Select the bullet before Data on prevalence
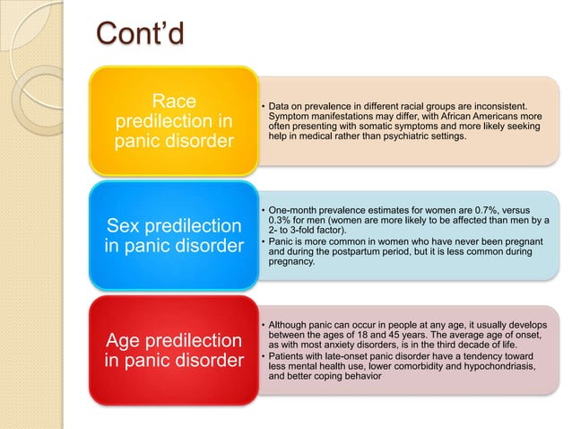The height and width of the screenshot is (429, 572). (x=261, y=107)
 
